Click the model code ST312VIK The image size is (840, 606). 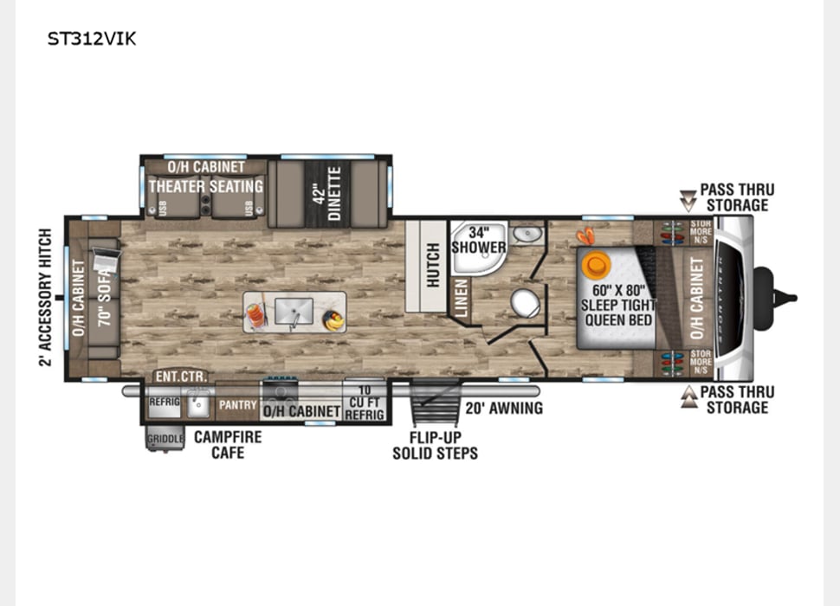pyautogui.click(x=91, y=39)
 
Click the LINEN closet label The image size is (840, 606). pyautogui.click(x=462, y=296)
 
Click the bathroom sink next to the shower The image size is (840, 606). pyautogui.click(x=526, y=234)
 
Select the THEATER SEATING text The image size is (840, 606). pyautogui.click(x=205, y=186)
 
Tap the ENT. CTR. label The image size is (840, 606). pyautogui.click(x=179, y=377)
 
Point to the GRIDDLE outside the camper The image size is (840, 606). pyautogui.click(x=165, y=439)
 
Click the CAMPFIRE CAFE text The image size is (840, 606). pyautogui.click(x=227, y=444)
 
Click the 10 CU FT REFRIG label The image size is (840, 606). pyautogui.click(x=364, y=404)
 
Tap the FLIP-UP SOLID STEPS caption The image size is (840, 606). pyautogui.click(x=435, y=445)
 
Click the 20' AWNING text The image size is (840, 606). pyautogui.click(x=504, y=408)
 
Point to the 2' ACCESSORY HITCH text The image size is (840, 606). pyautogui.click(x=45, y=297)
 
